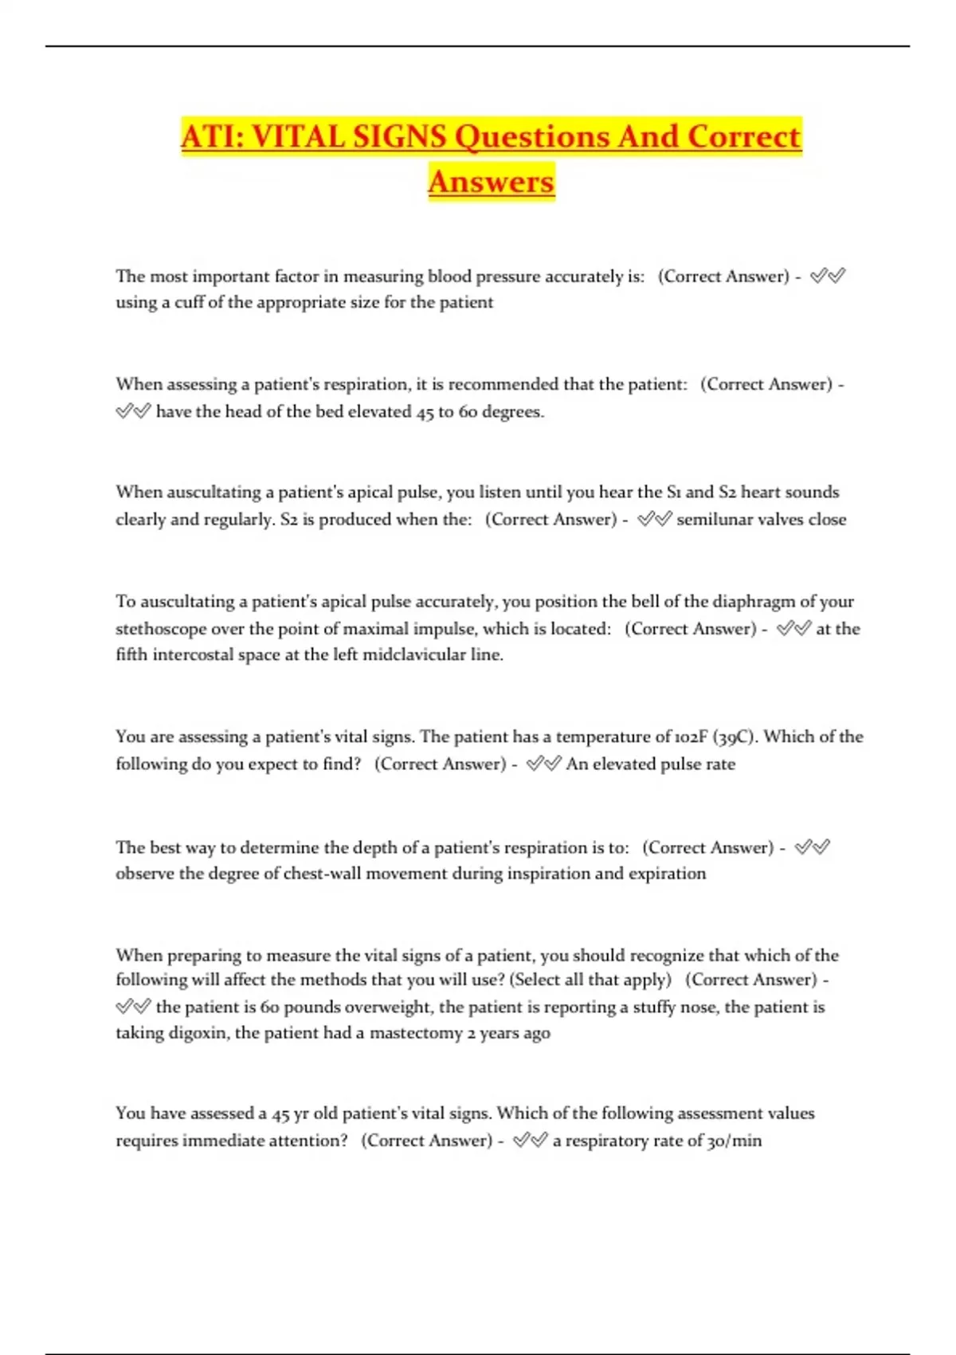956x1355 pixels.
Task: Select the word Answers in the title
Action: [491, 182]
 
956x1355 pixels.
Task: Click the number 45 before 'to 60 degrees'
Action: [425, 412]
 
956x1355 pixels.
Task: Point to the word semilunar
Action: [713, 520]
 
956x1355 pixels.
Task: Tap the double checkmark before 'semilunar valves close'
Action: [654, 520]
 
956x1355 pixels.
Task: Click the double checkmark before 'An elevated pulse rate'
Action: [544, 764]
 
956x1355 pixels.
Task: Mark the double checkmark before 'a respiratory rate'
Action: [531, 1141]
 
